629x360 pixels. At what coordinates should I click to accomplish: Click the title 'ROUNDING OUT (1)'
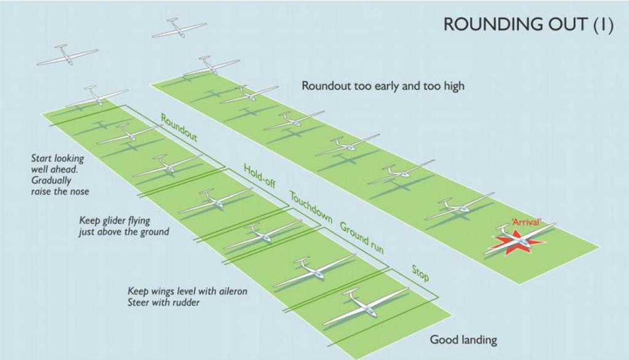528,26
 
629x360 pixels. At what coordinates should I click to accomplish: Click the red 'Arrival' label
526,222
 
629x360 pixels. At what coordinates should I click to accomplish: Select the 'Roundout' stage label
179,127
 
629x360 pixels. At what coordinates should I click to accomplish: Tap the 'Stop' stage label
420,273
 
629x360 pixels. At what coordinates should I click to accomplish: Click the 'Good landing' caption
463,340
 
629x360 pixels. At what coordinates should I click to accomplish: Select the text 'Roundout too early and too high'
383,87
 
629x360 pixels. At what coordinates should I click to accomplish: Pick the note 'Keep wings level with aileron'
187,291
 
